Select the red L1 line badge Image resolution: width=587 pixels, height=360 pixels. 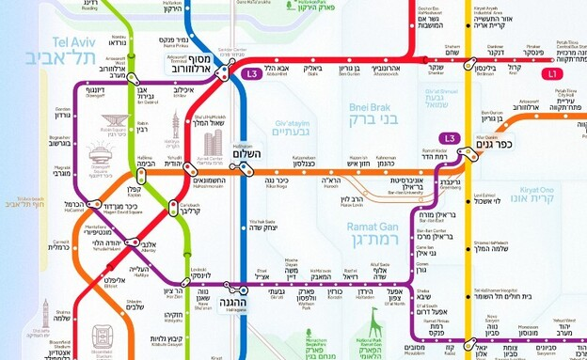[x=552, y=73]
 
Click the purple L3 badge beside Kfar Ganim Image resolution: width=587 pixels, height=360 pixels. [x=451, y=138]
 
